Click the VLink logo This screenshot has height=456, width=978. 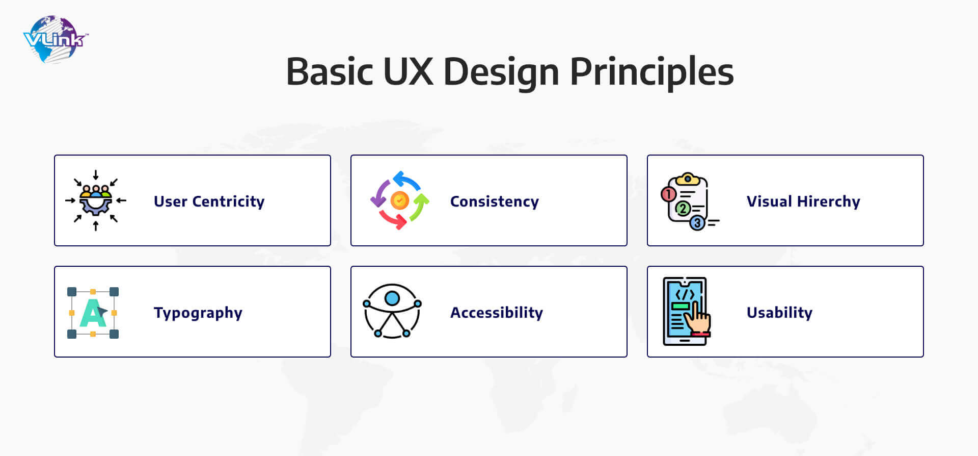[x=56, y=39]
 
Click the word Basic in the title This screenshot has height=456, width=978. [x=330, y=71]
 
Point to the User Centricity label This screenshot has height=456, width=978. [x=209, y=201]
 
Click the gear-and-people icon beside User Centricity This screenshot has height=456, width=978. [x=96, y=200]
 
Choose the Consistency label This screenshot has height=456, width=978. [x=494, y=201]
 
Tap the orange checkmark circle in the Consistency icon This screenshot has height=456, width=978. [x=400, y=200]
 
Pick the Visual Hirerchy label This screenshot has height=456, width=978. [x=803, y=201]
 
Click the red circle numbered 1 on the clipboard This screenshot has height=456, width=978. [x=668, y=194]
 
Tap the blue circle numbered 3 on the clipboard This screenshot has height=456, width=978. [x=697, y=223]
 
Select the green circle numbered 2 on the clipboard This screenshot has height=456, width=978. [x=683, y=208]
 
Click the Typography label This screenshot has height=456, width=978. [x=198, y=313]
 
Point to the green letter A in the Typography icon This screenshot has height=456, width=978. [x=92, y=313]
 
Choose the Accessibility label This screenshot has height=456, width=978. [x=497, y=313]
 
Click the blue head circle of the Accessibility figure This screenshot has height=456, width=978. [x=392, y=298]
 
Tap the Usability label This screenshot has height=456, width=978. [x=779, y=313]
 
